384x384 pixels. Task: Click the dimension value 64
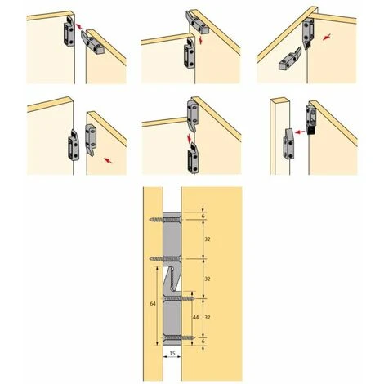click(x=153, y=303)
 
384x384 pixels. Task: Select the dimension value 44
click(x=195, y=317)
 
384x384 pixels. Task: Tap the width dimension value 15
click(x=172, y=354)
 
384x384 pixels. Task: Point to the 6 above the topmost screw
click(x=203, y=216)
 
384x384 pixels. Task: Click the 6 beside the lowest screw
click(x=203, y=341)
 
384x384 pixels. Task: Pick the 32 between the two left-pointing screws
click(x=208, y=239)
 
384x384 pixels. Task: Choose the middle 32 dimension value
click(x=208, y=279)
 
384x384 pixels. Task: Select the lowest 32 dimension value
click(x=208, y=317)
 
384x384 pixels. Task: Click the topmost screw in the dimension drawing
click(x=165, y=220)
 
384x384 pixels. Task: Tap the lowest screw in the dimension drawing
click(x=179, y=338)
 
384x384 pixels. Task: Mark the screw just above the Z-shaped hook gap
click(x=165, y=258)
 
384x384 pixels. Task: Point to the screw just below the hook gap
click(x=179, y=299)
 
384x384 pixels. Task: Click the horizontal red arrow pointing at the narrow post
click(x=301, y=132)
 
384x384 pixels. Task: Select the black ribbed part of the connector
click(x=310, y=130)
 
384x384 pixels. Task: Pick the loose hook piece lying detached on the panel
click(x=290, y=59)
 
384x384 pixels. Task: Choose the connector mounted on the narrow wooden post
click(x=288, y=144)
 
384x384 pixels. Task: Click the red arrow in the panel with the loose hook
click(x=327, y=37)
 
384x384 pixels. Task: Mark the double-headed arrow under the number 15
click(x=172, y=358)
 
